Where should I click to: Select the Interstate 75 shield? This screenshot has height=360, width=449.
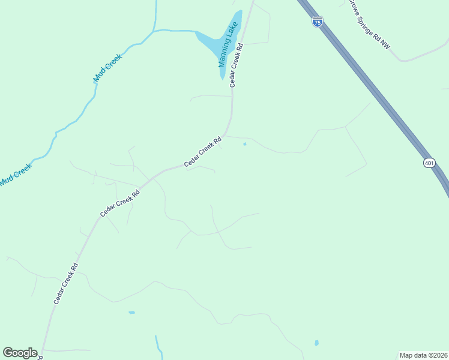click(318, 22)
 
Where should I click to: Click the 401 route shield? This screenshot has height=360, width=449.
click(429, 163)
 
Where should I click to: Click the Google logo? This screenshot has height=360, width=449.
click(20, 353)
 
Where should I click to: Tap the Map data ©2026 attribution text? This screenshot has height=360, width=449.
click(424, 355)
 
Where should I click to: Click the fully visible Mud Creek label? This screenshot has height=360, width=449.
click(107, 68)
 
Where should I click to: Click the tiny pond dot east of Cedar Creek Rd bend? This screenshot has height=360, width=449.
click(244, 144)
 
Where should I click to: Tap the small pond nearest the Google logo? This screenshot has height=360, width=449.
click(131, 313)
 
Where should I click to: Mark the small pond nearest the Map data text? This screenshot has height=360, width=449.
click(316, 343)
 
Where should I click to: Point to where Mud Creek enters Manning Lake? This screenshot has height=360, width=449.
click(197, 32)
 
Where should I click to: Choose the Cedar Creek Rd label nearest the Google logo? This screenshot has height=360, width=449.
click(66, 282)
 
